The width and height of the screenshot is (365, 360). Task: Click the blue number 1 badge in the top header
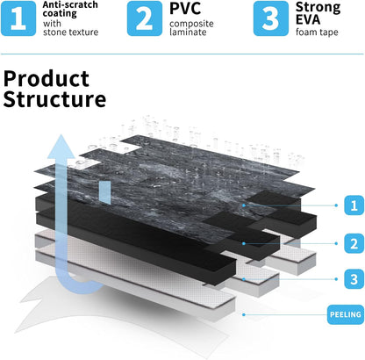pos(18,18)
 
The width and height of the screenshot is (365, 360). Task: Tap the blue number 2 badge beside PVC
pos(145,18)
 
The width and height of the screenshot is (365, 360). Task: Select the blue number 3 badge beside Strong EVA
pos(271,18)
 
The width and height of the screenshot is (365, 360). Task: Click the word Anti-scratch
pos(70,4)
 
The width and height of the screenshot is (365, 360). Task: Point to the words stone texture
pos(70,32)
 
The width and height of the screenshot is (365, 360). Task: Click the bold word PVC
pos(185,8)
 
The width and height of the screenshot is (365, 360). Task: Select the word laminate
pos(188,32)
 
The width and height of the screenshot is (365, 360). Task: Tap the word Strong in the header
pos(318,8)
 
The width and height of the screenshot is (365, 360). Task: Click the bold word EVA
pos(308,19)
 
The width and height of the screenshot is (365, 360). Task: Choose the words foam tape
pos(317,32)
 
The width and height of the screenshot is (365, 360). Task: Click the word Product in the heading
pos(47,79)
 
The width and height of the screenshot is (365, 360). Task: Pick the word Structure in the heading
pos(54,99)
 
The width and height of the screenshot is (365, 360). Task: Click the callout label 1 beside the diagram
pos(354,205)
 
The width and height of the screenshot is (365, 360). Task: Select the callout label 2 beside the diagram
pos(354,243)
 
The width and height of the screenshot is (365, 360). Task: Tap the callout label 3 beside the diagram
pos(354,279)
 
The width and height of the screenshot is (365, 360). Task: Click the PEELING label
pos(346,314)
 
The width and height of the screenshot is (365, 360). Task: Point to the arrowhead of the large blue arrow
pos(61,147)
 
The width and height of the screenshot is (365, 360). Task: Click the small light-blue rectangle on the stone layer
pos(104,192)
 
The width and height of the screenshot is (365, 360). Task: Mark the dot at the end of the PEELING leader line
pos(244,314)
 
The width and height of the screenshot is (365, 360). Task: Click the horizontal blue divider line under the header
pos(182,54)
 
